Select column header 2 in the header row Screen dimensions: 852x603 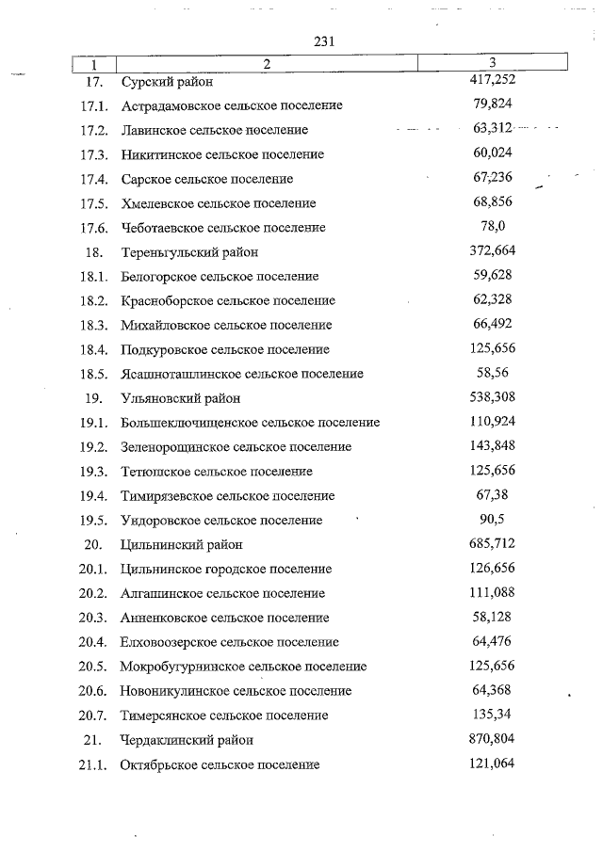(267, 64)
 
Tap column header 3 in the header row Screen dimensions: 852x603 (493, 63)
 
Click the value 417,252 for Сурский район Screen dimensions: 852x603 (492, 81)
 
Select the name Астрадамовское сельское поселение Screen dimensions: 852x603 (231, 105)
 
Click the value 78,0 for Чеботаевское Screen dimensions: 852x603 (493, 227)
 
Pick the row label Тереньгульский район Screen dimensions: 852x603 (189, 252)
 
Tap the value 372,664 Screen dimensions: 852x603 (492, 251)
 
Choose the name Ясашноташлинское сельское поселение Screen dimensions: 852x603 (242, 374)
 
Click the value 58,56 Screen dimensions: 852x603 (492, 374)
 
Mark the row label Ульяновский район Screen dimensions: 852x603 (181, 398)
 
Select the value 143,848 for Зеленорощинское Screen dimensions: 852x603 (492, 446)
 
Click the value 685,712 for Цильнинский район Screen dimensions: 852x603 (492, 544)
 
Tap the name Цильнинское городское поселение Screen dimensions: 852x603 (226, 570)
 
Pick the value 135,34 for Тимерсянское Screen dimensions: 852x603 (492, 715)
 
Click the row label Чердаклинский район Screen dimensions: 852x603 (187, 741)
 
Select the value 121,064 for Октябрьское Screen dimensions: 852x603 (492, 764)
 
